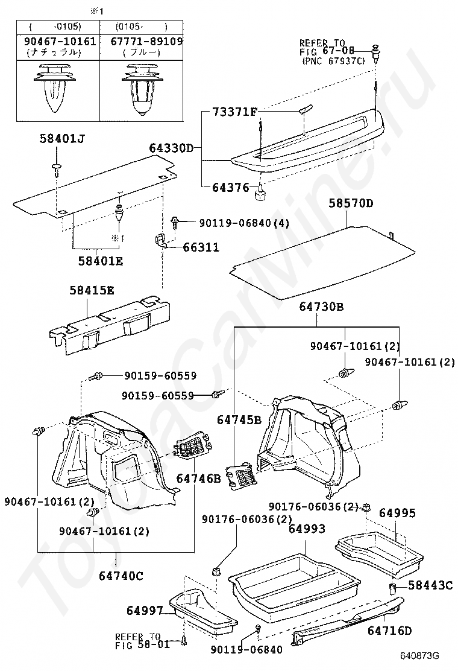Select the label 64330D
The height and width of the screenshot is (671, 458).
coord(171,147)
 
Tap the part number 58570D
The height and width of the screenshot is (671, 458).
coord(351,203)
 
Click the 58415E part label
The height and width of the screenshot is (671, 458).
coord(92,290)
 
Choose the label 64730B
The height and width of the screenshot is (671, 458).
coord(321,307)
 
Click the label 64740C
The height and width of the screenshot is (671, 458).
coord(121,575)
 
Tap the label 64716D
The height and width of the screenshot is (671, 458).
coord(390,631)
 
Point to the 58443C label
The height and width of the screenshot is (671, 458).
coord(430,585)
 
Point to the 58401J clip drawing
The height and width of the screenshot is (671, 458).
coord(56,168)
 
